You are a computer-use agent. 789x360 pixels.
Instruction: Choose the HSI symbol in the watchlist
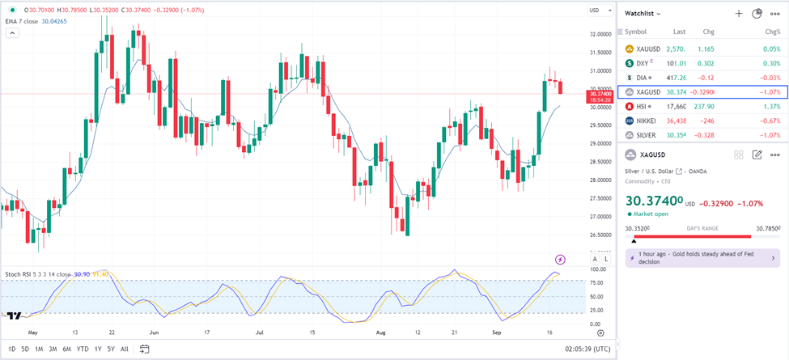(x=643, y=106)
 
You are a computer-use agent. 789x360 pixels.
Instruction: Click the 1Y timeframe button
(x=98, y=349)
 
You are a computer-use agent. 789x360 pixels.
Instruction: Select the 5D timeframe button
(x=26, y=349)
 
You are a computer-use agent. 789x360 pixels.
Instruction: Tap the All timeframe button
(x=124, y=349)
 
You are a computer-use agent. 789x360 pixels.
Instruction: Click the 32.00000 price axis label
(x=601, y=34)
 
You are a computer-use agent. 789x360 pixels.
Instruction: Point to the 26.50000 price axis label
(x=601, y=235)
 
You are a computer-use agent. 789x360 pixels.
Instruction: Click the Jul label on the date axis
(x=260, y=332)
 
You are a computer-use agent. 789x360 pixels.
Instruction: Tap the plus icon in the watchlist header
(x=738, y=14)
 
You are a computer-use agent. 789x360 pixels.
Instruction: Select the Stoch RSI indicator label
(x=25, y=274)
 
